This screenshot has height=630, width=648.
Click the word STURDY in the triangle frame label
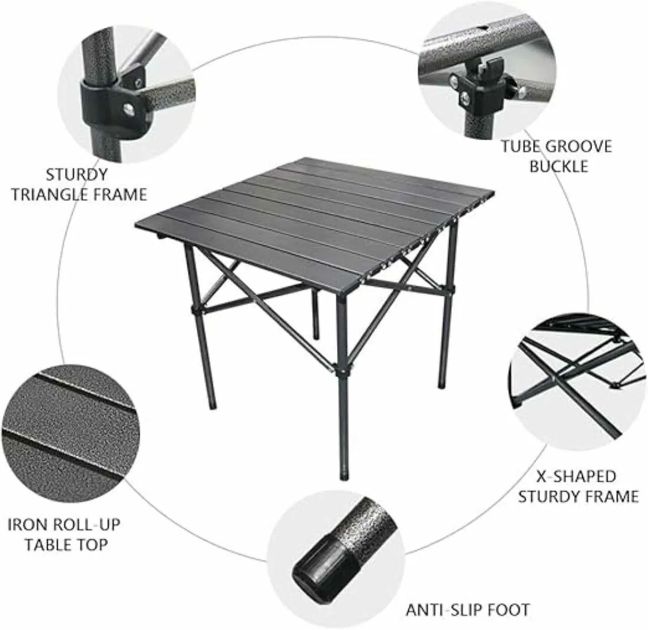pyautogui.click(x=77, y=174)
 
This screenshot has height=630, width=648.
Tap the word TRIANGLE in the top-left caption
pyautogui.click(x=54, y=194)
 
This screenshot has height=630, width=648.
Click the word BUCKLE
pyautogui.click(x=558, y=166)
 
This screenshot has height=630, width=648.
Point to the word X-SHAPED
pyautogui.click(x=576, y=476)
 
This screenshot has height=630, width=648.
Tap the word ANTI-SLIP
pyautogui.click(x=444, y=610)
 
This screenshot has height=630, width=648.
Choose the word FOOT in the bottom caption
pyautogui.click(x=508, y=610)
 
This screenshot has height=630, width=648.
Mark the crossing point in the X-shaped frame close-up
pyautogui.click(x=555, y=377)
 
